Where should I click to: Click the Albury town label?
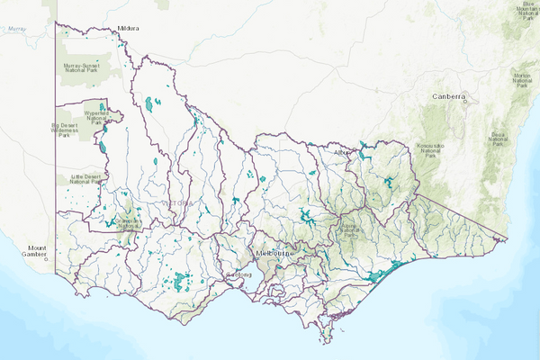341,153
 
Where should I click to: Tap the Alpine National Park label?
350,231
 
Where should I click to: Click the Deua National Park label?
498,139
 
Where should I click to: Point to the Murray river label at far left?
16,29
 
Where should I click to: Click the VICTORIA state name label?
175,203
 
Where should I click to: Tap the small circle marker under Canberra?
465,102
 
